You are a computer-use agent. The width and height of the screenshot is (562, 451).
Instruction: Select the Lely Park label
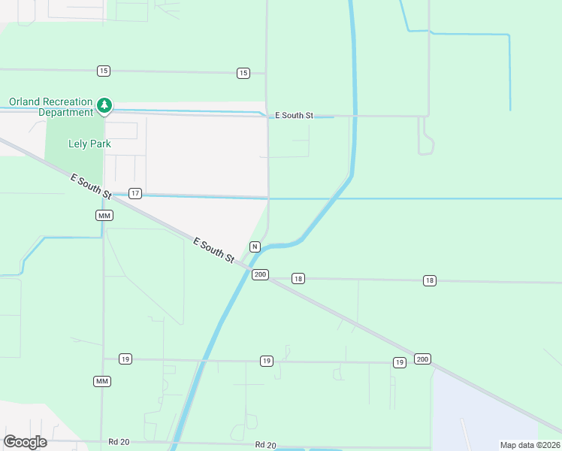pyautogui.click(x=89, y=144)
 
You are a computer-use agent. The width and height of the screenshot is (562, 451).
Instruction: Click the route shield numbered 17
pyautogui.click(x=135, y=193)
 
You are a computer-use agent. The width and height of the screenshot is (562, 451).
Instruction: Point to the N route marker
pyautogui.click(x=255, y=247)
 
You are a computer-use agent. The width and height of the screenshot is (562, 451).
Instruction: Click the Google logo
pyautogui.click(x=26, y=442)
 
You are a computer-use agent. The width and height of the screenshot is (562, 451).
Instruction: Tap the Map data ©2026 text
pyautogui.click(x=530, y=445)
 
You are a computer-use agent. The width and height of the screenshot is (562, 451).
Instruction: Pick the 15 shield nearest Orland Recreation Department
pyautogui.click(x=104, y=71)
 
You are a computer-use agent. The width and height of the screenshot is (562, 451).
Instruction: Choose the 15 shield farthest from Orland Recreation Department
pyautogui.click(x=243, y=73)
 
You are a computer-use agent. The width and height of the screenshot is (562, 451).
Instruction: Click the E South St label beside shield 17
pyautogui.click(x=91, y=186)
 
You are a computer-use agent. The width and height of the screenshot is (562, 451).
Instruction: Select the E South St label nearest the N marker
pyautogui.click(x=214, y=250)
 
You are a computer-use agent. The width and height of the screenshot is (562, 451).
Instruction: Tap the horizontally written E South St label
pyautogui.click(x=294, y=116)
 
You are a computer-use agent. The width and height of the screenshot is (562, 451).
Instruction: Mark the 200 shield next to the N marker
pyautogui.click(x=260, y=274)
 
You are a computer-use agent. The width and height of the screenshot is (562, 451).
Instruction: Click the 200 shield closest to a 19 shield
pyautogui.click(x=422, y=359)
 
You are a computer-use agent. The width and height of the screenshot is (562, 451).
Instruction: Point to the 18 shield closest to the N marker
pyautogui.click(x=298, y=279)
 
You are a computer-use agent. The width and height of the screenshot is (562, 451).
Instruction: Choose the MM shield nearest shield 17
pyautogui.click(x=104, y=215)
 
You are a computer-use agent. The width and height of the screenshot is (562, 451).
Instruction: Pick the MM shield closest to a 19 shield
pyautogui.click(x=102, y=381)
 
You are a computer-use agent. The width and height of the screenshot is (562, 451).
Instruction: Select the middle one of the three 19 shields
pyautogui.click(x=267, y=362)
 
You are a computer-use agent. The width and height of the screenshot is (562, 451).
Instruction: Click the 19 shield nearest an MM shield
pyautogui.click(x=125, y=359)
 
